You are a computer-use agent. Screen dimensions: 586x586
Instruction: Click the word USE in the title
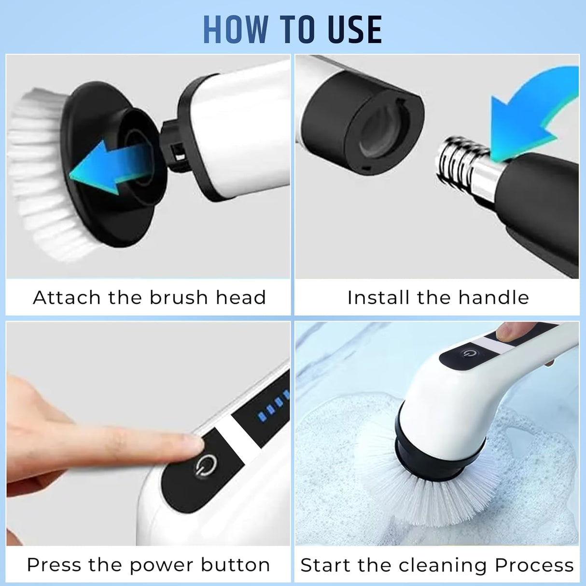click(355, 30)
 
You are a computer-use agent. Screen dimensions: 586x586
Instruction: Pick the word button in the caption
click(236, 565)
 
